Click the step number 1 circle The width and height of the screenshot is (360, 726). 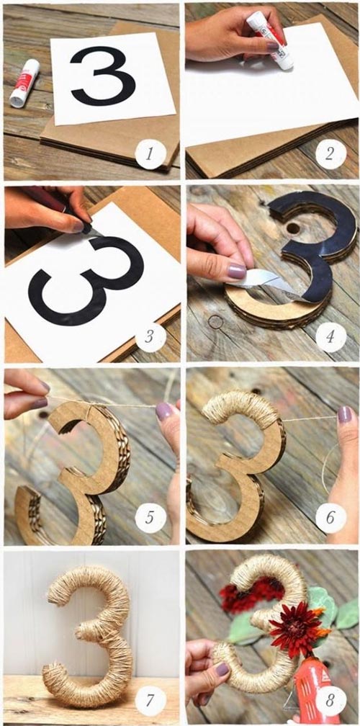150,154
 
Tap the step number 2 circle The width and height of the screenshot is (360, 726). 331,154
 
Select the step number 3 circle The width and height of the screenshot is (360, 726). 150,337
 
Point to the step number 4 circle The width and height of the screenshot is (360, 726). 331,337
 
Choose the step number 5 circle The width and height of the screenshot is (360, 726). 150,518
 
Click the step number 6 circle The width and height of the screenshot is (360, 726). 331,518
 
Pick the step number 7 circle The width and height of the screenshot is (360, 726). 150,701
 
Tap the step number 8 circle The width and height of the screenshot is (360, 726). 331,701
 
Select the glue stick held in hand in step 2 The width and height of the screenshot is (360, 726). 270,40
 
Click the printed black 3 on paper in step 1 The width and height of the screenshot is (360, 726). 103,76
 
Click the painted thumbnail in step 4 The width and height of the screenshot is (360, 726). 237,271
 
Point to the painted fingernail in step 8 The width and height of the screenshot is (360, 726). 222,669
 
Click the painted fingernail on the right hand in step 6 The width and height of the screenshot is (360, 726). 344,414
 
